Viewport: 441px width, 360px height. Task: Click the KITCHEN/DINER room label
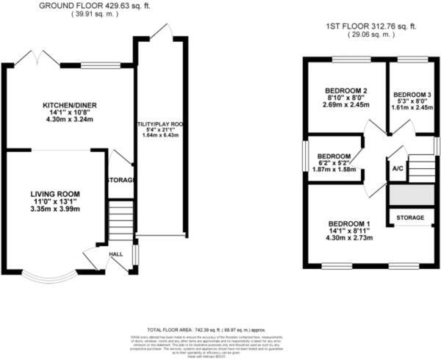coord(70,106)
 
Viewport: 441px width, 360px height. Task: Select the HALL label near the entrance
coord(116,254)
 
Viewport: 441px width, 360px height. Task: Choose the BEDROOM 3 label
coord(412,96)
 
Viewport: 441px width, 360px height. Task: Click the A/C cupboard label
coord(398,168)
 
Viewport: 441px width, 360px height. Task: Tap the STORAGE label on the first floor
coord(410,218)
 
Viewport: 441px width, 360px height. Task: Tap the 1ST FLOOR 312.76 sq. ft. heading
coord(371,26)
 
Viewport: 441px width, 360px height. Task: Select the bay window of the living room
coord(45,276)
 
